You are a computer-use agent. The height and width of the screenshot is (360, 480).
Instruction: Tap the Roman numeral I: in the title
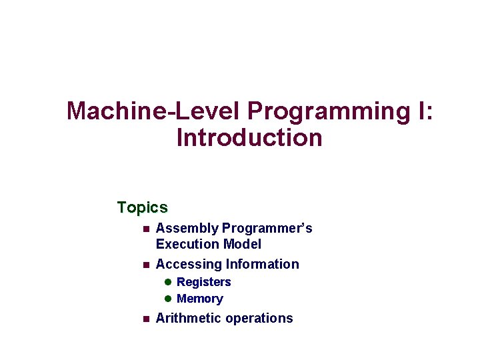coord(425,111)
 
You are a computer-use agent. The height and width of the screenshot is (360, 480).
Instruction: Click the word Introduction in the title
coord(249,138)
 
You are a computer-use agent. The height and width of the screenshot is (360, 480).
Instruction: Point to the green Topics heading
coord(142,207)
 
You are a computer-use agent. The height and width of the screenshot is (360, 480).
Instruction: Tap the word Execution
coord(187,245)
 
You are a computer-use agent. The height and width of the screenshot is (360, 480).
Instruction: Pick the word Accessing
coord(189,265)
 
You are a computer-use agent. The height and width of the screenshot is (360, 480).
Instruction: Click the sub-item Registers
coord(203,282)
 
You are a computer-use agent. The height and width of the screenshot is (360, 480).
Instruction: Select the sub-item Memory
coord(199,299)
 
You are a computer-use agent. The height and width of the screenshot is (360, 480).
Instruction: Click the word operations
coord(259,318)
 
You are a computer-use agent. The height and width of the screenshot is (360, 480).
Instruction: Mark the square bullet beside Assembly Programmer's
coord(145,229)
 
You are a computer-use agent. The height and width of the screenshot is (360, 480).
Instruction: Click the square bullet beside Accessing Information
coord(145,265)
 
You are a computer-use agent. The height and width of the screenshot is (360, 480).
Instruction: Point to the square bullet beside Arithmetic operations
coord(145,319)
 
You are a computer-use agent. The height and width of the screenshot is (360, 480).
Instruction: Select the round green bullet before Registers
coord(169,282)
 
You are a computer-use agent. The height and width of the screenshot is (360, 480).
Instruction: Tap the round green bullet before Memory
coord(169,299)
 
